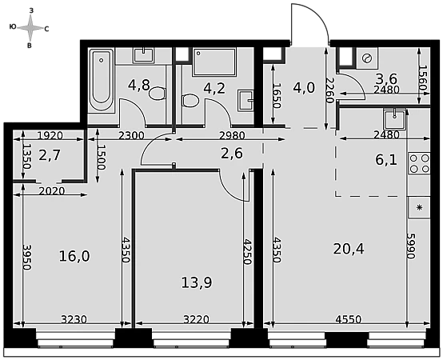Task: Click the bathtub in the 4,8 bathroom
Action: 101,80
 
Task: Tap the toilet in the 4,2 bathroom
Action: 190,100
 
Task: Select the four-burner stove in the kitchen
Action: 419,163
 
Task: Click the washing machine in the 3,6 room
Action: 367,58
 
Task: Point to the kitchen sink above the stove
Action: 395,119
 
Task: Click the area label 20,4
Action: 349,250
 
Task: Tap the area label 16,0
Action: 74,256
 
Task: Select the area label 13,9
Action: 197,282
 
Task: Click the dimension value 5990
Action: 411,246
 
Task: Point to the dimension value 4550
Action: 349,319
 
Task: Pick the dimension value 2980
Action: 232,136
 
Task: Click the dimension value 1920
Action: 50,136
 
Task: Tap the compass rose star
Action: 30,28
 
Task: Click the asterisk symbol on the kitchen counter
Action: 420,207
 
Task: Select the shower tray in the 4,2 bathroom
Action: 214,62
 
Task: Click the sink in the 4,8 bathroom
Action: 144,55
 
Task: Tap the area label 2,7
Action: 50,155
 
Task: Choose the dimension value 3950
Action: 27,257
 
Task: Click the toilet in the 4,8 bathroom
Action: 157,94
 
